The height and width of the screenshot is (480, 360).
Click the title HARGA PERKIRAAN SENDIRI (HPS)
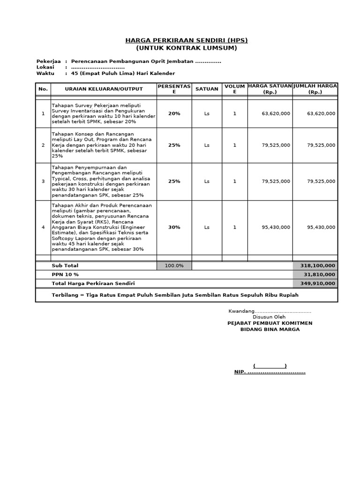(x=187, y=40)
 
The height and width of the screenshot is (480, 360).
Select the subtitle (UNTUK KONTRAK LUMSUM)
(x=187, y=48)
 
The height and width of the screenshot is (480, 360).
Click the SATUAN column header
(x=207, y=89)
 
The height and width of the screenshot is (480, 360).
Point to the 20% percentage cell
(x=174, y=113)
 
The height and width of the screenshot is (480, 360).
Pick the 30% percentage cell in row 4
(x=174, y=227)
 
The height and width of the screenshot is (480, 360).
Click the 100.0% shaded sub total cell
(x=174, y=266)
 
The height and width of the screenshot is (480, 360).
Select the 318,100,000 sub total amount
(x=315, y=266)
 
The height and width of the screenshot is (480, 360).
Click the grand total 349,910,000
(x=315, y=284)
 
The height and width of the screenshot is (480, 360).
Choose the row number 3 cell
(x=43, y=181)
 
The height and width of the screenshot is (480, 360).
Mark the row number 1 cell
(x=43, y=113)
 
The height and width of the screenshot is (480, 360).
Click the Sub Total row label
(x=65, y=266)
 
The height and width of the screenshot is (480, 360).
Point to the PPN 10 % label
(x=65, y=275)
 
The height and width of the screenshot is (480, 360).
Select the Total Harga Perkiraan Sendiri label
(x=96, y=284)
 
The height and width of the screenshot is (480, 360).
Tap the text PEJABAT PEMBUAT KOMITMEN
(x=270, y=323)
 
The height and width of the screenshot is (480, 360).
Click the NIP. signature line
(x=270, y=372)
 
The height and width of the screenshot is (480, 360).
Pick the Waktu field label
(x=45, y=74)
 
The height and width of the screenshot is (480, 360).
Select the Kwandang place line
(x=270, y=312)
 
